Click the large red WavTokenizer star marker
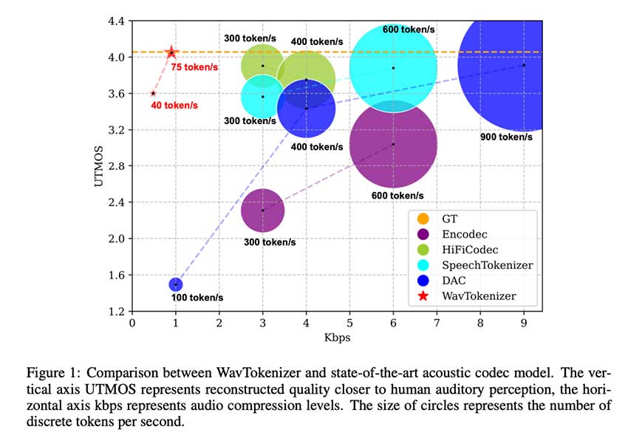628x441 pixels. click(x=171, y=52)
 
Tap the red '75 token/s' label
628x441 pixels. click(x=194, y=67)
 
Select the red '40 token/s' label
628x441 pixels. click(x=174, y=106)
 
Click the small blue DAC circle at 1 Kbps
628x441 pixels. click(x=176, y=284)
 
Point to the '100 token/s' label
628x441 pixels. click(x=199, y=298)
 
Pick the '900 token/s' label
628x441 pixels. click(x=507, y=137)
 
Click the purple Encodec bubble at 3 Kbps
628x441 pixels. click(x=262, y=210)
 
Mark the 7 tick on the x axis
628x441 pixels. click(x=437, y=323)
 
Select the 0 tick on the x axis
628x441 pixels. click(x=132, y=323)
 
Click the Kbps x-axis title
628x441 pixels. click(x=337, y=338)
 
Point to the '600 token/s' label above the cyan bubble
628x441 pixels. click(x=409, y=30)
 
